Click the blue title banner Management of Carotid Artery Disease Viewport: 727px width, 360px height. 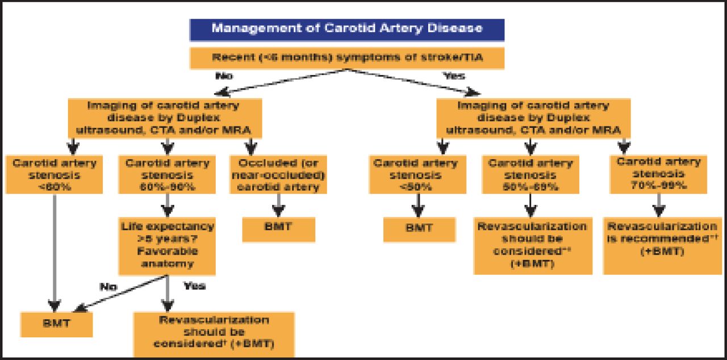coord(346,28)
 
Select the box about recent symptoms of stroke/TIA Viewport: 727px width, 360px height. coord(346,58)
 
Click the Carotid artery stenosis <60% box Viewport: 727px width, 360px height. coord(55,174)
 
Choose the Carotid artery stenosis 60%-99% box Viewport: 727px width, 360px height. coord(167,174)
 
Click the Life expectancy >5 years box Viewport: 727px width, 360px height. coord(167,245)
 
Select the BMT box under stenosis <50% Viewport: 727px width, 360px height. coord(419,228)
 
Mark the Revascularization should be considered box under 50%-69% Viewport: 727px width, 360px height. coord(532,245)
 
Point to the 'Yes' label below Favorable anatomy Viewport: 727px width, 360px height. coord(194,286)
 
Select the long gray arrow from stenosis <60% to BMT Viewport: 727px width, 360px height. coord(55,250)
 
